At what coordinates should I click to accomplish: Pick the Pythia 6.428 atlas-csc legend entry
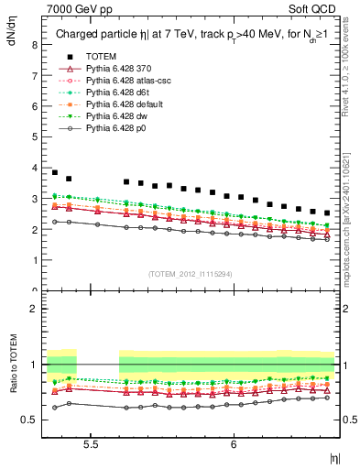[x=127, y=81]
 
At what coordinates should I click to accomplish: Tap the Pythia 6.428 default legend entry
[x=125, y=104]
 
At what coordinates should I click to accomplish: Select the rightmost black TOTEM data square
[x=327, y=213]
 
